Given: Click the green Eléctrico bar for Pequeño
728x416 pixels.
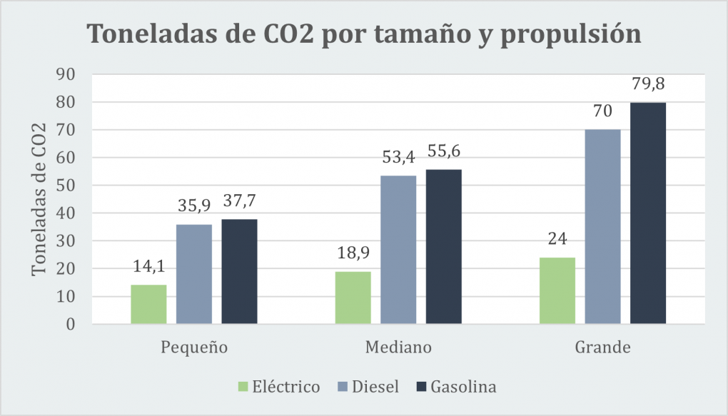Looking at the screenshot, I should coord(148,305).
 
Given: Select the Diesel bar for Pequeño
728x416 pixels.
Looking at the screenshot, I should coord(194,275).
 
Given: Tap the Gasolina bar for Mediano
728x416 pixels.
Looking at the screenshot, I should coord(444,247).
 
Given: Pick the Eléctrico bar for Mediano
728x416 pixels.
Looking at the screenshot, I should coord(353,298).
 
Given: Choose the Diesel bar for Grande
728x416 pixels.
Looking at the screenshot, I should coord(602,227).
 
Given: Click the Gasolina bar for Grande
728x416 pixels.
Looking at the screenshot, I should coord(648,213).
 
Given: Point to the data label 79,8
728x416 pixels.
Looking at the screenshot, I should coord(648,85).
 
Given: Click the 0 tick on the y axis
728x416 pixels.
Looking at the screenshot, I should coord(71,325).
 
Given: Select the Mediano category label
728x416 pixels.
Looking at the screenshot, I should coord(398,348).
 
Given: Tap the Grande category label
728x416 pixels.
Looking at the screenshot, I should coord(602,348).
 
